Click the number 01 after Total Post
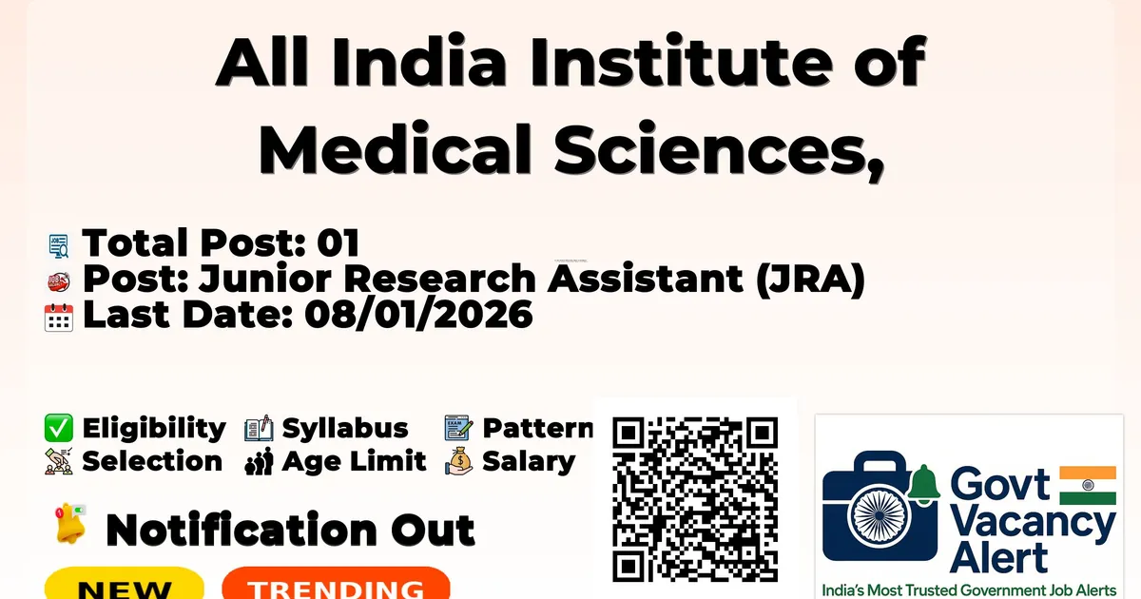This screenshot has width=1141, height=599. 338,244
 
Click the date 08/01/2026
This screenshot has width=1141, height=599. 418,316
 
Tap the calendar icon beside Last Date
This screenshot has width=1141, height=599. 59,317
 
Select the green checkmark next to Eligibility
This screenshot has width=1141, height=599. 59,429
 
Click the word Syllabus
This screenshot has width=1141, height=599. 345,429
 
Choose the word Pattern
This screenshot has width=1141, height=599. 538,429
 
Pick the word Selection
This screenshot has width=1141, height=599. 152,462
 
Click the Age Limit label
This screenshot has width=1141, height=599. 355,462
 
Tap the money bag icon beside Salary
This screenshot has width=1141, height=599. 458,462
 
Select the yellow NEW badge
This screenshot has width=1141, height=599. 125,585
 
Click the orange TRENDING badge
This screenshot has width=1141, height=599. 336,585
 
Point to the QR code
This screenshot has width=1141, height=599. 695,499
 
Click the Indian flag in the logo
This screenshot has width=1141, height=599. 1088,485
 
